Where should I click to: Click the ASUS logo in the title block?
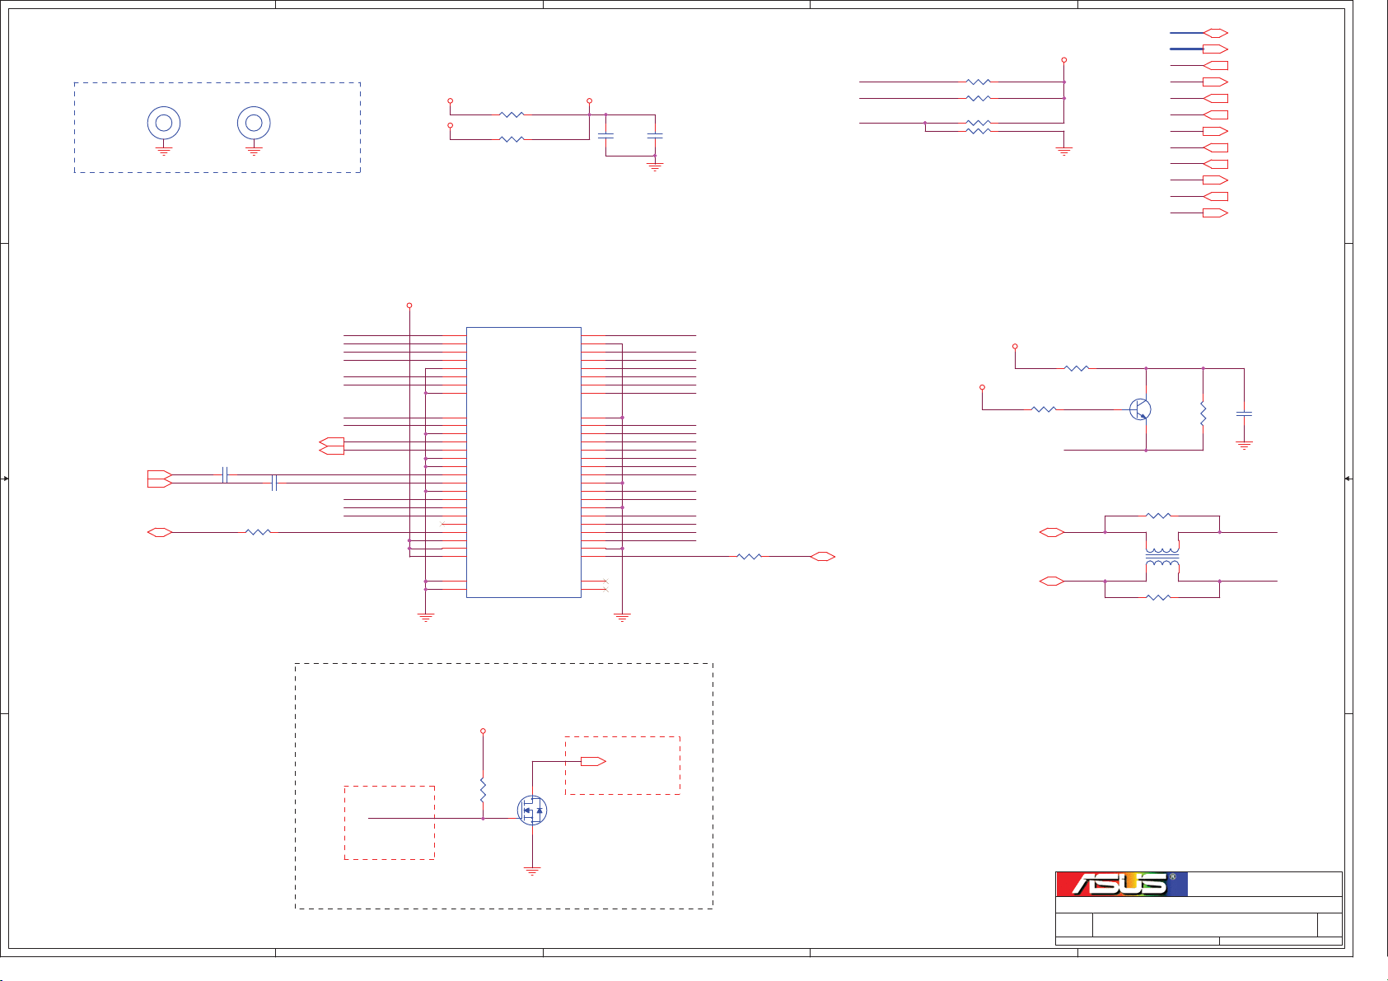point(1122,885)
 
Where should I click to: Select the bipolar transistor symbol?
point(1140,409)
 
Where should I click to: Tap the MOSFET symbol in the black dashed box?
point(532,810)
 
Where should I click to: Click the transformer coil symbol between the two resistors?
point(1162,557)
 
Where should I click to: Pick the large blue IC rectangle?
point(524,462)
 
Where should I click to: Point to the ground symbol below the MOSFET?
point(532,871)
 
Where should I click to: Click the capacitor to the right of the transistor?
point(1244,413)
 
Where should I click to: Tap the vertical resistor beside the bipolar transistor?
point(1203,413)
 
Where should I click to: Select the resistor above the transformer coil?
point(1158,516)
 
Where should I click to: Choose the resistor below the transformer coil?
point(1158,597)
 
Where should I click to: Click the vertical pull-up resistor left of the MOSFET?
point(483,790)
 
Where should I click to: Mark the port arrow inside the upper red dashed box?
point(593,761)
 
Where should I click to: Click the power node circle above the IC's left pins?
point(409,306)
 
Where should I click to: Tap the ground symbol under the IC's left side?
point(426,617)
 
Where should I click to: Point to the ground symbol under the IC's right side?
point(622,617)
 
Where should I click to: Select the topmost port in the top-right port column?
point(1216,33)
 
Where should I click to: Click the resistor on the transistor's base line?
point(1044,409)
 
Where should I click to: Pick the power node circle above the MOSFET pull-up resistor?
point(483,731)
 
